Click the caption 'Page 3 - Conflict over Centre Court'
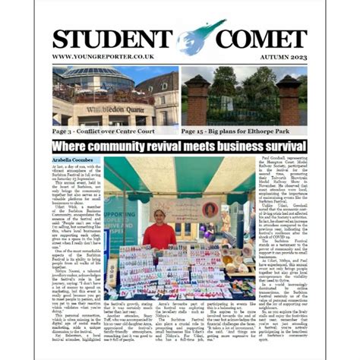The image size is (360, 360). tap(102, 130)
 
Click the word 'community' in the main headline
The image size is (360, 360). tap(144, 146)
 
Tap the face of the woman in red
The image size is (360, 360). tap(159, 217)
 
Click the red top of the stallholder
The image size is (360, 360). tap(159, 235)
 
